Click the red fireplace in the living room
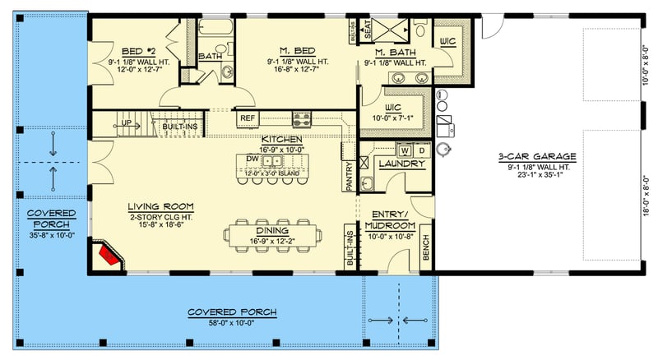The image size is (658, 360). tap(107, 255)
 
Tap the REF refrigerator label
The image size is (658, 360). tap(248, 118)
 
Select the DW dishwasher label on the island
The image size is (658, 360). tap(253, 159)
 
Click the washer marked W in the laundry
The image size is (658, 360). tap(404, 150)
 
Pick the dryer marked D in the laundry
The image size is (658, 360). tap(421, 150)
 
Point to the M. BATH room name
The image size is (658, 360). tap(395, 52)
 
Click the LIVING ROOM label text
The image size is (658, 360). tap(160, 205)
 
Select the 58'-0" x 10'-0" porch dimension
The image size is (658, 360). tap(231, 323)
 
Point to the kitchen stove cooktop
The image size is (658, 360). tap(302, 118)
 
